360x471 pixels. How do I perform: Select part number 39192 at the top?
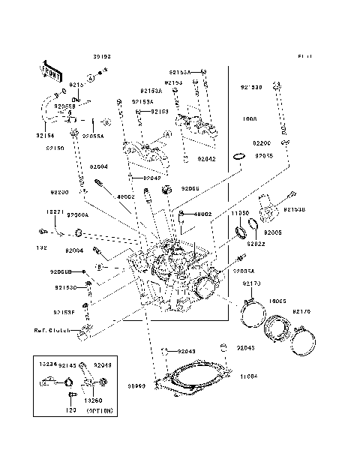102,56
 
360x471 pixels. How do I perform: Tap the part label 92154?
45,136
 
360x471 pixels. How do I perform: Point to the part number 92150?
55,148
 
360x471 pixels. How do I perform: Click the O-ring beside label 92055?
239,156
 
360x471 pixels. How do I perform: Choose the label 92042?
206,159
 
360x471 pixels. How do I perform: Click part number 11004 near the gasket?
247,376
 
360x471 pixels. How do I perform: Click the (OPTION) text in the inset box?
99,412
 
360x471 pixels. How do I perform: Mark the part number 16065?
277,301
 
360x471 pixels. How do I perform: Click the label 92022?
256,243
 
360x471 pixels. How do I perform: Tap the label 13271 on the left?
44,212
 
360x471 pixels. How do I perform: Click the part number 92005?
272,233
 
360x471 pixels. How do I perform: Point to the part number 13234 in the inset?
47,363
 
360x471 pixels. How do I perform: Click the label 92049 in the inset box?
102,363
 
